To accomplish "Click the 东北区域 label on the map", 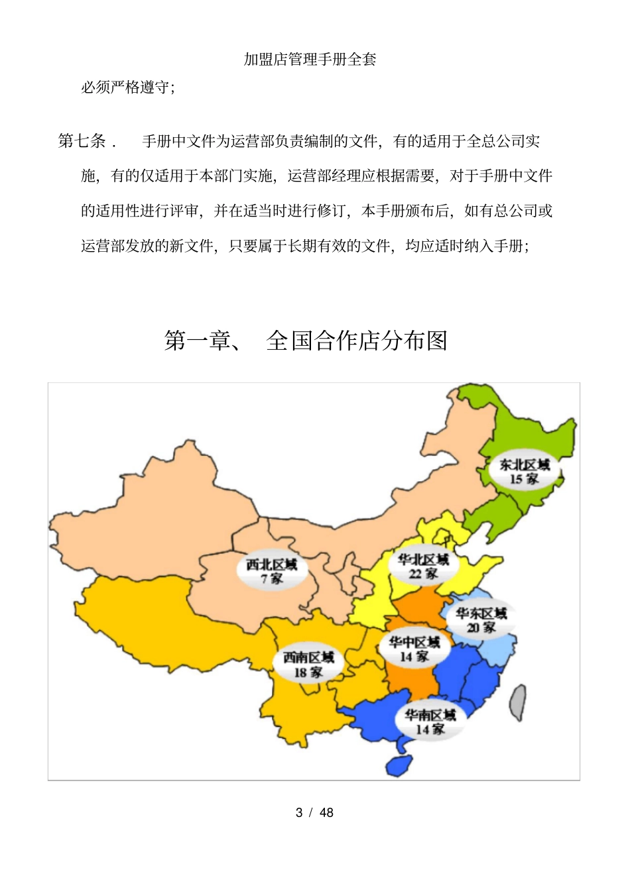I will [x=525, y=464].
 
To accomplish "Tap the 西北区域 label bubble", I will [x=272, y=565].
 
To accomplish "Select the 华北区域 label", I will [x=424, y=559].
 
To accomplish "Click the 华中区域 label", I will [x=414, y=642].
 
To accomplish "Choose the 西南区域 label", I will [x=308, y=657].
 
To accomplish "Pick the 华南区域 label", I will [x=430, y=715].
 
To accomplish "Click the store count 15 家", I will [x=524, y=479].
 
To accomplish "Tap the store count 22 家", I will [x=423, y=574].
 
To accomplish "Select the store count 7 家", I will [x=271, y=579].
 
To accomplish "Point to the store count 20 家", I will [x=481, y=628].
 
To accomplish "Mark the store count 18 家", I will [x=308, y=673].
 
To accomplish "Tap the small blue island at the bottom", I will [x=399, y=765].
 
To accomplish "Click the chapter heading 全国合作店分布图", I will [x=357, y=341].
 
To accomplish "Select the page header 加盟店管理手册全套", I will [x=310, y=59].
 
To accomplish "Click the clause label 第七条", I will [x=82, y=140].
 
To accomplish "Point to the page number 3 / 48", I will [x=314, y=812].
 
